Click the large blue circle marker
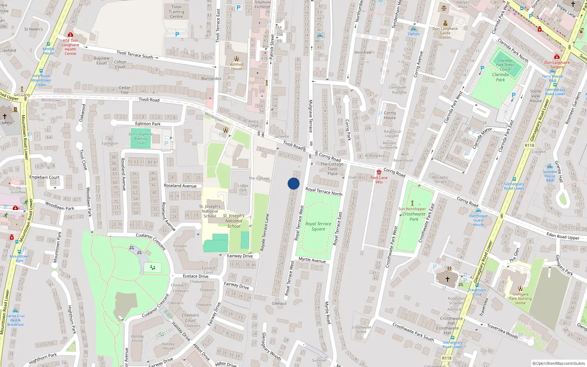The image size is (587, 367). (x=293, y=183)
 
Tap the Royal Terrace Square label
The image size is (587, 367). (x=318, y=226)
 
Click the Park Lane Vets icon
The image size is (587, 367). (x=379, y=172)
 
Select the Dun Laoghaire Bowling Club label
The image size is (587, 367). (x=141, y=139)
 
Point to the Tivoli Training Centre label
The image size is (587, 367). (x=176, y=12)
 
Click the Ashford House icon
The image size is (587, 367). (x=237, y=59)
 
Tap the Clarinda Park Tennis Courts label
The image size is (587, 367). (x=505, y=65)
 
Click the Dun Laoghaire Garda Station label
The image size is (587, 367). (x=445, y=33)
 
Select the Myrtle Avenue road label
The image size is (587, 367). (x=312, y=260)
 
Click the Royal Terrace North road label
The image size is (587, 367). (x=324, y=191)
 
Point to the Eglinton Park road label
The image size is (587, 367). (x=148, y=124)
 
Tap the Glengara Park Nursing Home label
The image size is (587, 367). (x=520, y=298)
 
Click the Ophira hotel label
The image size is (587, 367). (x=413, y=34)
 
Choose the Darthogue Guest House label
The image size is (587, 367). (x=478, y=220)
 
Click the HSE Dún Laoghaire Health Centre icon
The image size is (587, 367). (x=70, y=34)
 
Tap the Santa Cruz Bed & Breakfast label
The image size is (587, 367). (x=15, y=320)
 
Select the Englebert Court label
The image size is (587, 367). (x=44, y=177)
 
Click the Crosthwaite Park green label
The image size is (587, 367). (x=414, y=217)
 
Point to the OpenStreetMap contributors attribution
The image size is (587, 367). (x=558, y=363)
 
